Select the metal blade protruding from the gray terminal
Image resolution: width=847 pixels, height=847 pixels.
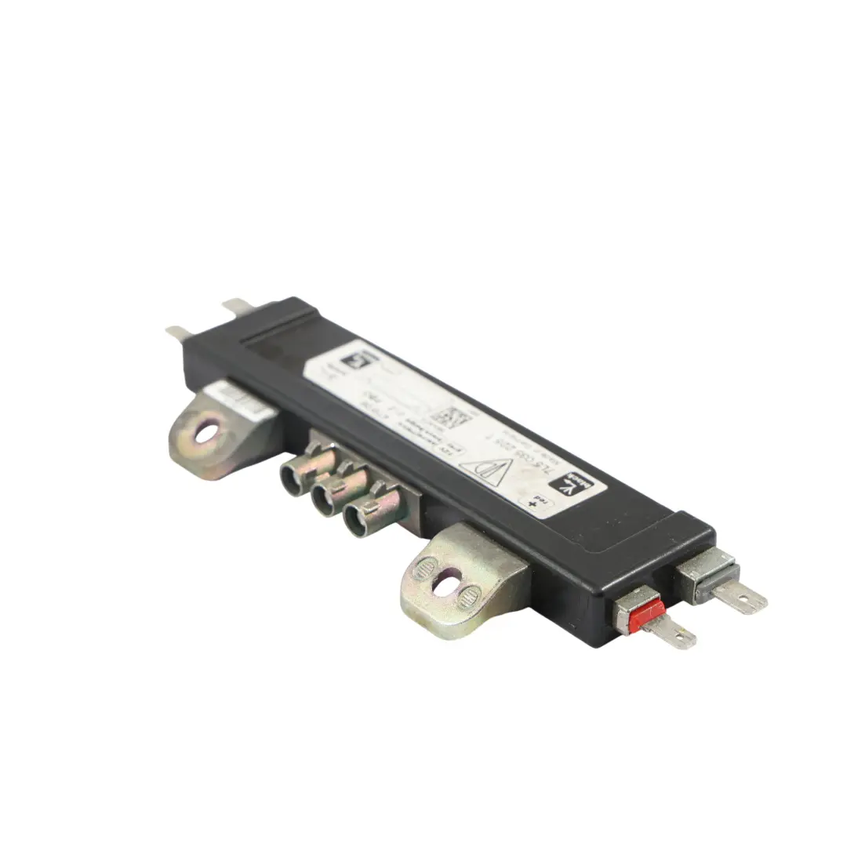(x=740, y=598)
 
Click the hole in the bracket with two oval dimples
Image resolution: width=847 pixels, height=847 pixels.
(x=446, y=582)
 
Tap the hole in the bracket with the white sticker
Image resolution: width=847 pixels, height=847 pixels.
(x=208, y=430)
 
